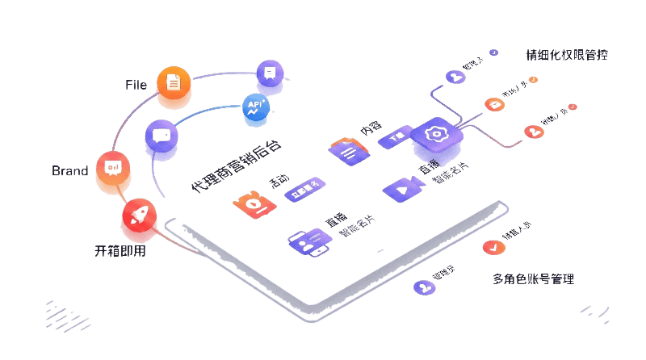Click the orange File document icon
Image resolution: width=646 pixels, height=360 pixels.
(x=174, y=81)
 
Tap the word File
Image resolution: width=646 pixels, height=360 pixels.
(x=136, y=84)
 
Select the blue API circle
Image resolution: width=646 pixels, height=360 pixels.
(x=256, y=106)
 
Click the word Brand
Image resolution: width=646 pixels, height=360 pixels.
(x=69, y=170)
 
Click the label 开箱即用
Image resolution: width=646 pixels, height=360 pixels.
(x=120, y=250)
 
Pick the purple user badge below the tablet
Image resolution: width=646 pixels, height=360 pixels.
(x=422, y=287)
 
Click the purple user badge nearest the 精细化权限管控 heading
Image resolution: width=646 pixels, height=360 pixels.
(x=455, y=77)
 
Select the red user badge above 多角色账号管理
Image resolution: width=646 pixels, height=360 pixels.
(x=489, y=248)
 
